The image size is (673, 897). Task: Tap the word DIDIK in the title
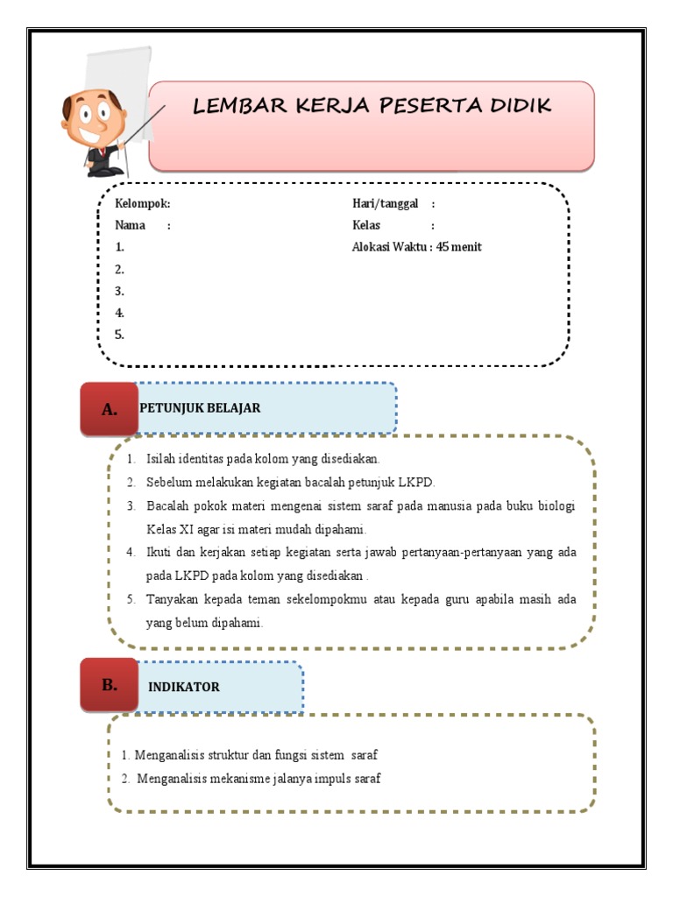coord(517,106)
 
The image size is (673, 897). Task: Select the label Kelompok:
coord(143,204)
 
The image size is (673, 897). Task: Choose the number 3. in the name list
coord(120,291)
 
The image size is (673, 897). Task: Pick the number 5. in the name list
coord(120,334)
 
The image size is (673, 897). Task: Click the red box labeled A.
coord(109,409)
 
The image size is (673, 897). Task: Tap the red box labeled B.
coord(109,686)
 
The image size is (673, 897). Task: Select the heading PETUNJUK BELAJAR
coord(200,408)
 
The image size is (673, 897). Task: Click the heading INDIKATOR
coord(184,687)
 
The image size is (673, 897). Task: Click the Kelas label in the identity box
coord(366,225)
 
